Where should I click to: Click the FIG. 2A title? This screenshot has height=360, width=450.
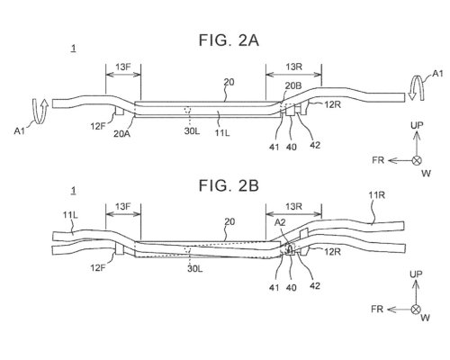[229, 40]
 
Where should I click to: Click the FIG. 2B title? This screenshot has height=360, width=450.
[229, 185]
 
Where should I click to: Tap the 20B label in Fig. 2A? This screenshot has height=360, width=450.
[293, 85]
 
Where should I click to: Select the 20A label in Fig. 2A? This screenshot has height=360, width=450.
[121, 133]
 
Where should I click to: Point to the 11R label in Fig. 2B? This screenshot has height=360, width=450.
[376, 195]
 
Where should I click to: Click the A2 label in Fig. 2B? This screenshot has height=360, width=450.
[280, 222]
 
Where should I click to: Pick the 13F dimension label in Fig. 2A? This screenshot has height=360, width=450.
[123, 67]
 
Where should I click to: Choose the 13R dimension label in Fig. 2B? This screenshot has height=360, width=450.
[293, 206]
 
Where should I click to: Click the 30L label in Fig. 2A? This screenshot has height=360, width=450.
[192, 131]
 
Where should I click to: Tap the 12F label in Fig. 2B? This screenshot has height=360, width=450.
[98, 267]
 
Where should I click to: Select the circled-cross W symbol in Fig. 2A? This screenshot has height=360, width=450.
[417, 160]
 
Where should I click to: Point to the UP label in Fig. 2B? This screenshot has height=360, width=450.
[417, 274]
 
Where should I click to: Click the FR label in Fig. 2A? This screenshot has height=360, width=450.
[378, 160]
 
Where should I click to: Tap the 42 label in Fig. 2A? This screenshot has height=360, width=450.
[315, 145]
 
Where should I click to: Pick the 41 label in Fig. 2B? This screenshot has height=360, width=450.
[274, 287]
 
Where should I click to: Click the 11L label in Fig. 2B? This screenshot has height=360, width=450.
[70, 215]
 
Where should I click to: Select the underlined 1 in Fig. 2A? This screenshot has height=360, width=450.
[74, 49]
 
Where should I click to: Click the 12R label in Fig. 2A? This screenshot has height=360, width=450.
[332, 104]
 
